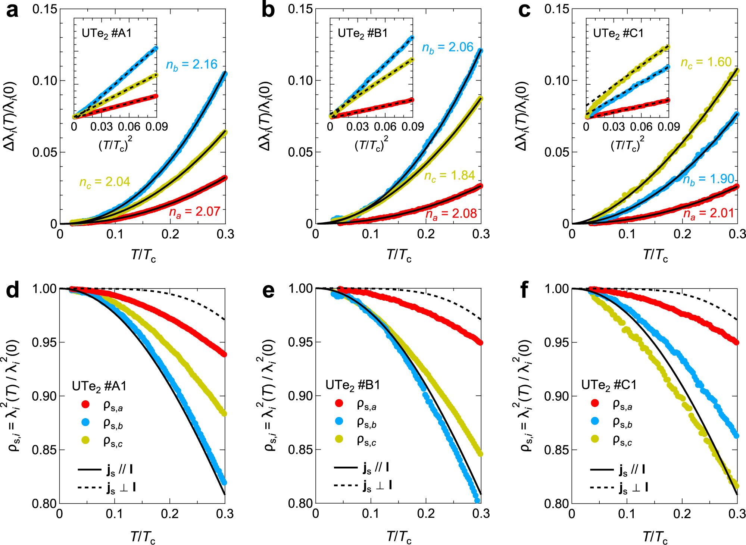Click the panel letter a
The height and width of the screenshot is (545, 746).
point(12,10)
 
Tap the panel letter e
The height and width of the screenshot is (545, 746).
point(268,291)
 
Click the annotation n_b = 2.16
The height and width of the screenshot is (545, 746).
point(191,65)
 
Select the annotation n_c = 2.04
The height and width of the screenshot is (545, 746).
point(104,182)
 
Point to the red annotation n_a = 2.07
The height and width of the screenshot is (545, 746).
point(195,212)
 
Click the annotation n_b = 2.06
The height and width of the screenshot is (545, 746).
point(447,48)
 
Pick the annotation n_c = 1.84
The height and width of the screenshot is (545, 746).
point(449,176)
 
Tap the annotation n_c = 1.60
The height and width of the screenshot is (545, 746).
point(706,62)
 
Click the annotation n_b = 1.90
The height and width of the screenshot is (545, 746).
point(708,179)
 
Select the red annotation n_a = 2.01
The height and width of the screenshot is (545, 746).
point(708,213)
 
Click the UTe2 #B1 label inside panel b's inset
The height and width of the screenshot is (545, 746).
point(363,34)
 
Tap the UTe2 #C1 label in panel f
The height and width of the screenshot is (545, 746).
point(609,385)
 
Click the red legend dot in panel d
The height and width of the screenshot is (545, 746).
point(85,404)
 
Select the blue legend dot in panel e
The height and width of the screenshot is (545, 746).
point(339,421)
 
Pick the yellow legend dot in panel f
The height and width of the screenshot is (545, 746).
point(595,439)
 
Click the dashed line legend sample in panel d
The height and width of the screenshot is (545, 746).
point(90,487)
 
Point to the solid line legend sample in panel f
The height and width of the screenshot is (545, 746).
point(602,469)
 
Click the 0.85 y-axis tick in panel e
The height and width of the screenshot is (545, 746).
point(300,450)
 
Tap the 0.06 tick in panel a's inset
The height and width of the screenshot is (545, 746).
point(129,127)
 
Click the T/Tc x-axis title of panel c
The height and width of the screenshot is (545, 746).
point(655,255)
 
